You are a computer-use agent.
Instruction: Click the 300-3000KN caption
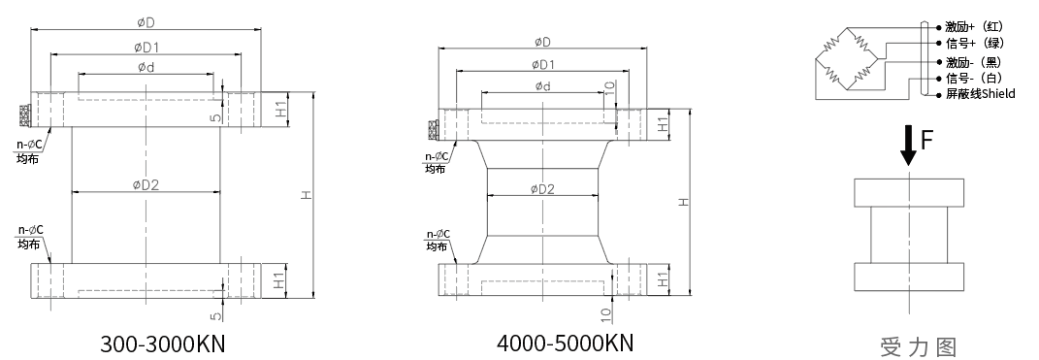(163, 344)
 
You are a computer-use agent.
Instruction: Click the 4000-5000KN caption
(566, 343)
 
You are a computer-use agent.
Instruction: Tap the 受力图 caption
(919, 346)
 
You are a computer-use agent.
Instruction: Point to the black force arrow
(908, 146)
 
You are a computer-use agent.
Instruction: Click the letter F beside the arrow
(927, 141)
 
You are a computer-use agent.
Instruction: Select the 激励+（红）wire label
(974, 27)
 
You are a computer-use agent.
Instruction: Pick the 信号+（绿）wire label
(974, 43)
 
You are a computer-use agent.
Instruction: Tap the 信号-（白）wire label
(974, 79)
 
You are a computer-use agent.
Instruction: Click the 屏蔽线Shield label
(980, 94)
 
